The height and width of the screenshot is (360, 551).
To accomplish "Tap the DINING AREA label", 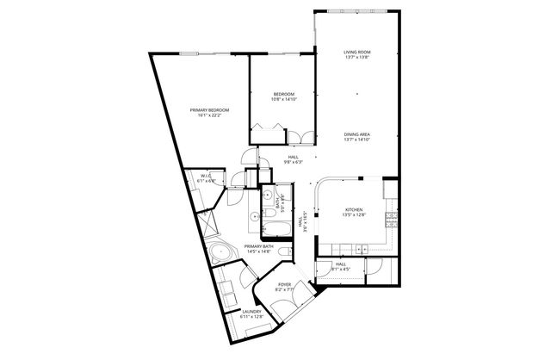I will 356,134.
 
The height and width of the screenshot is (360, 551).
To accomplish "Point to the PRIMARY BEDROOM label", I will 211,109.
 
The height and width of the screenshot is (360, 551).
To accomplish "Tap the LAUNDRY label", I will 251,312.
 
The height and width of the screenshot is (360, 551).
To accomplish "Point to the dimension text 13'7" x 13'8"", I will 356,59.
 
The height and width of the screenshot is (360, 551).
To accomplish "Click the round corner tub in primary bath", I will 221,254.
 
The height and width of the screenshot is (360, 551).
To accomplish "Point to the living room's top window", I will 356,11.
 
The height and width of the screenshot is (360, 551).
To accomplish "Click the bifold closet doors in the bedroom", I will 266,131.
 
